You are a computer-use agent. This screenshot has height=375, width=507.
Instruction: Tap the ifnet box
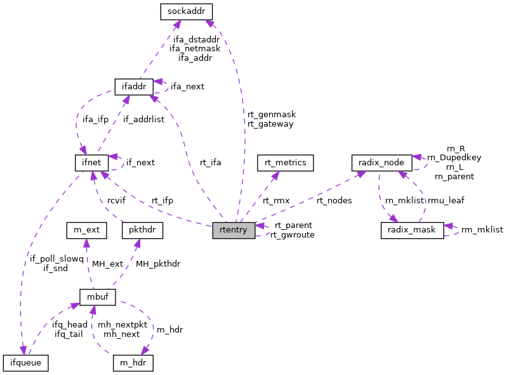(91, 162)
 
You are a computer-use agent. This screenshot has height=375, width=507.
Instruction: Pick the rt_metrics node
(282, 163)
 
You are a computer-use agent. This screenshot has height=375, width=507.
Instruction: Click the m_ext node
(84, 230)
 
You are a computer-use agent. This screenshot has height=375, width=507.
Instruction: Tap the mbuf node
(96, 296)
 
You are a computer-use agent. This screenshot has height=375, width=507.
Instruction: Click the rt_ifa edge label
(210, 162)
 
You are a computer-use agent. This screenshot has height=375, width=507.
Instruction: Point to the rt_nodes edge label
(334, 200)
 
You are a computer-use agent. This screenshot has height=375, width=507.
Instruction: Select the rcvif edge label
(116, 200)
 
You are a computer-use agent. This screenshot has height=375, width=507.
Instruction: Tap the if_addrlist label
(143, 119)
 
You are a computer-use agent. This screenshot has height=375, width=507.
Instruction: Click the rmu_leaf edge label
(445, 200)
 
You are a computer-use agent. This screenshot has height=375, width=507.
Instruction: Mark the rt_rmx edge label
(276, 200)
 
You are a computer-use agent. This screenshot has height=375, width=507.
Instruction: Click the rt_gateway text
(271, 124)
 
